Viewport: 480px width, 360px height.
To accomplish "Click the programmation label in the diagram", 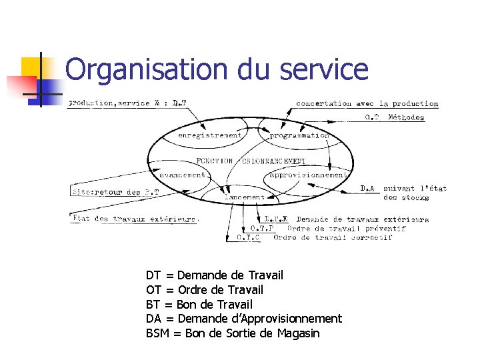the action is click(x=299, y=135).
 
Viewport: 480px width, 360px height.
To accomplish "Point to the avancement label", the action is click(x=182, y=175).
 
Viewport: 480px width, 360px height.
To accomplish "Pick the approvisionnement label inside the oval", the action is click(x=307, y=175).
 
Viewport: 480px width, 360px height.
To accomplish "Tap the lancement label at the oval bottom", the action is click(x=243, y=197).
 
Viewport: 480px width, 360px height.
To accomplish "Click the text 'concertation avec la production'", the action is click(x=367, y=103).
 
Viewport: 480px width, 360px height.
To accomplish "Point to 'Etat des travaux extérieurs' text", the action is click(x=135, y=218).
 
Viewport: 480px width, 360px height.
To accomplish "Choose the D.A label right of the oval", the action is click(x=367, y=189).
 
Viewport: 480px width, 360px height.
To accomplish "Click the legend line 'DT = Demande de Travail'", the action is click(x=215, y=275).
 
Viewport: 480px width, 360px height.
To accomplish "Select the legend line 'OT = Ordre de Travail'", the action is click(x=205, y=290).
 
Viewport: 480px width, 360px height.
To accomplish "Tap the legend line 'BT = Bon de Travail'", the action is click(x=199, y=305).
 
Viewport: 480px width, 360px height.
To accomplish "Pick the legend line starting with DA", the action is click(x=244, y=319).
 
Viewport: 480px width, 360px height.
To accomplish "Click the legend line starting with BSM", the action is click(x=233, y=333).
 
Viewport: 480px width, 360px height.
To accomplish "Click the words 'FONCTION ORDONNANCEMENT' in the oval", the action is click(x=251, y=161).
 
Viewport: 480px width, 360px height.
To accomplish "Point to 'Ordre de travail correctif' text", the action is click(x=333, y=237).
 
